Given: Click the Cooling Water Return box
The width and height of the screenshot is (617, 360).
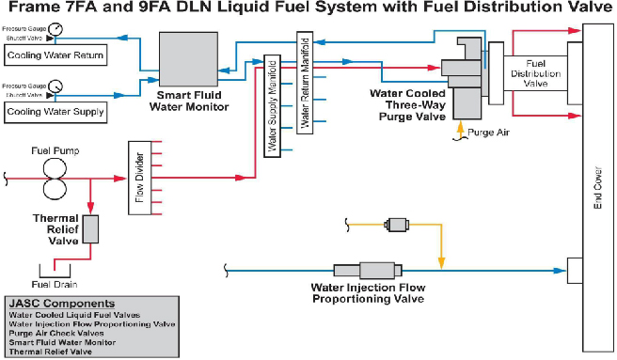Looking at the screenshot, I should coord(54,55).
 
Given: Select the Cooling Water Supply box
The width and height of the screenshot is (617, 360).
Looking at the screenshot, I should coord(54,112).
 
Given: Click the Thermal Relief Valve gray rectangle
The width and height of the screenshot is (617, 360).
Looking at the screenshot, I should coord(90,228).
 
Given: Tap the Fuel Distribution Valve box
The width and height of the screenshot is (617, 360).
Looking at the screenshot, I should coord(535,73).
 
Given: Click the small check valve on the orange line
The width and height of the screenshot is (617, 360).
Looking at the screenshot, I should coord(395,225).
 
